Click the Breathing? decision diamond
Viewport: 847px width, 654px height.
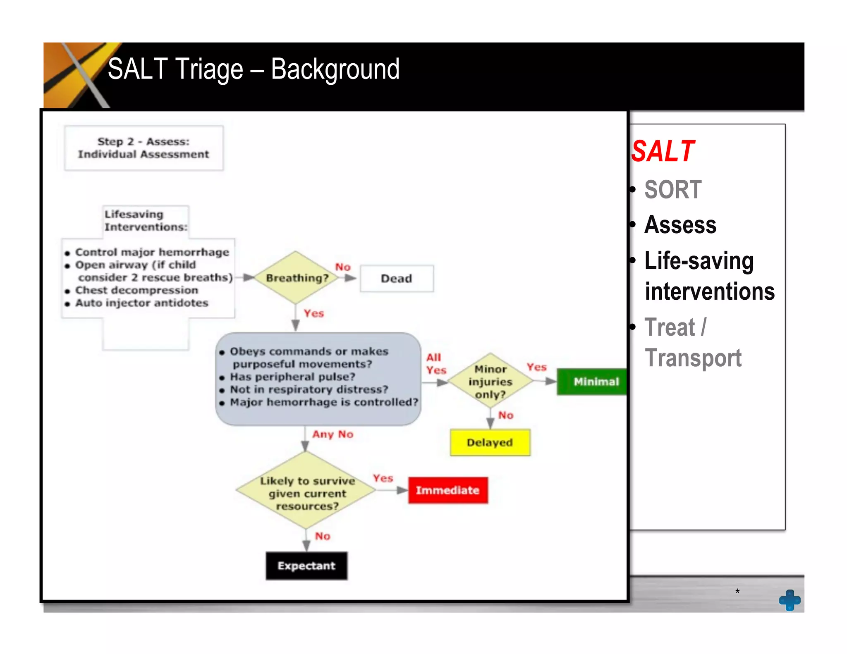tap(296, 278)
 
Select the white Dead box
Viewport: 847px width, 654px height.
tap(397, 279)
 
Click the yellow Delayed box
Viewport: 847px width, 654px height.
tap(490, 443)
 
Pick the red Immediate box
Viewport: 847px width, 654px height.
tap(447, 490)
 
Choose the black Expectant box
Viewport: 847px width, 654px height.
tap(306, 566)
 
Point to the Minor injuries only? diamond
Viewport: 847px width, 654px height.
tap(490, 382)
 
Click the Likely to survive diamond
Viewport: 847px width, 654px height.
tap(306, 492)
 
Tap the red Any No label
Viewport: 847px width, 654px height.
tap(333, 434)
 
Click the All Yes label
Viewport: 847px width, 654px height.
tap(435, 364)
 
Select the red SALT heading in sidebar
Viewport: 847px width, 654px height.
tap(663, 151)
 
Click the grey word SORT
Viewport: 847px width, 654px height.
tap(673, 190)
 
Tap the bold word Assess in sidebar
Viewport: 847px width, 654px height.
tap(680, 225)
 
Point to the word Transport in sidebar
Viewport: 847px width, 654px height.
tap(693, 358)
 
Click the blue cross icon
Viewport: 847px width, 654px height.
tap(790, 600)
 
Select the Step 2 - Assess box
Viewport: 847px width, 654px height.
tap(144, 148)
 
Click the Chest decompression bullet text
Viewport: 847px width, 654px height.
tap(136, 290)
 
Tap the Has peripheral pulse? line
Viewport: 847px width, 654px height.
tap(292, 377)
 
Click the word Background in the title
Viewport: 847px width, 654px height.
tap(335, 69)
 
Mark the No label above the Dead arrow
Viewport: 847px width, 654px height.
tap(343, 267)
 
